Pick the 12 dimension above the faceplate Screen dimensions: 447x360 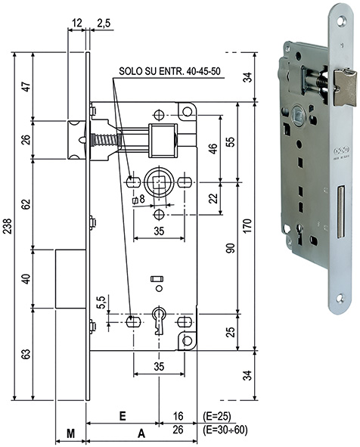click(x=77, y=24)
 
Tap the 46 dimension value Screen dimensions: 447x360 click(x=214, y=148)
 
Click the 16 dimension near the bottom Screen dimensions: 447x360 click(x=178, y=415)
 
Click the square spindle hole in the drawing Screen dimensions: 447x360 click(x=160, y=182)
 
